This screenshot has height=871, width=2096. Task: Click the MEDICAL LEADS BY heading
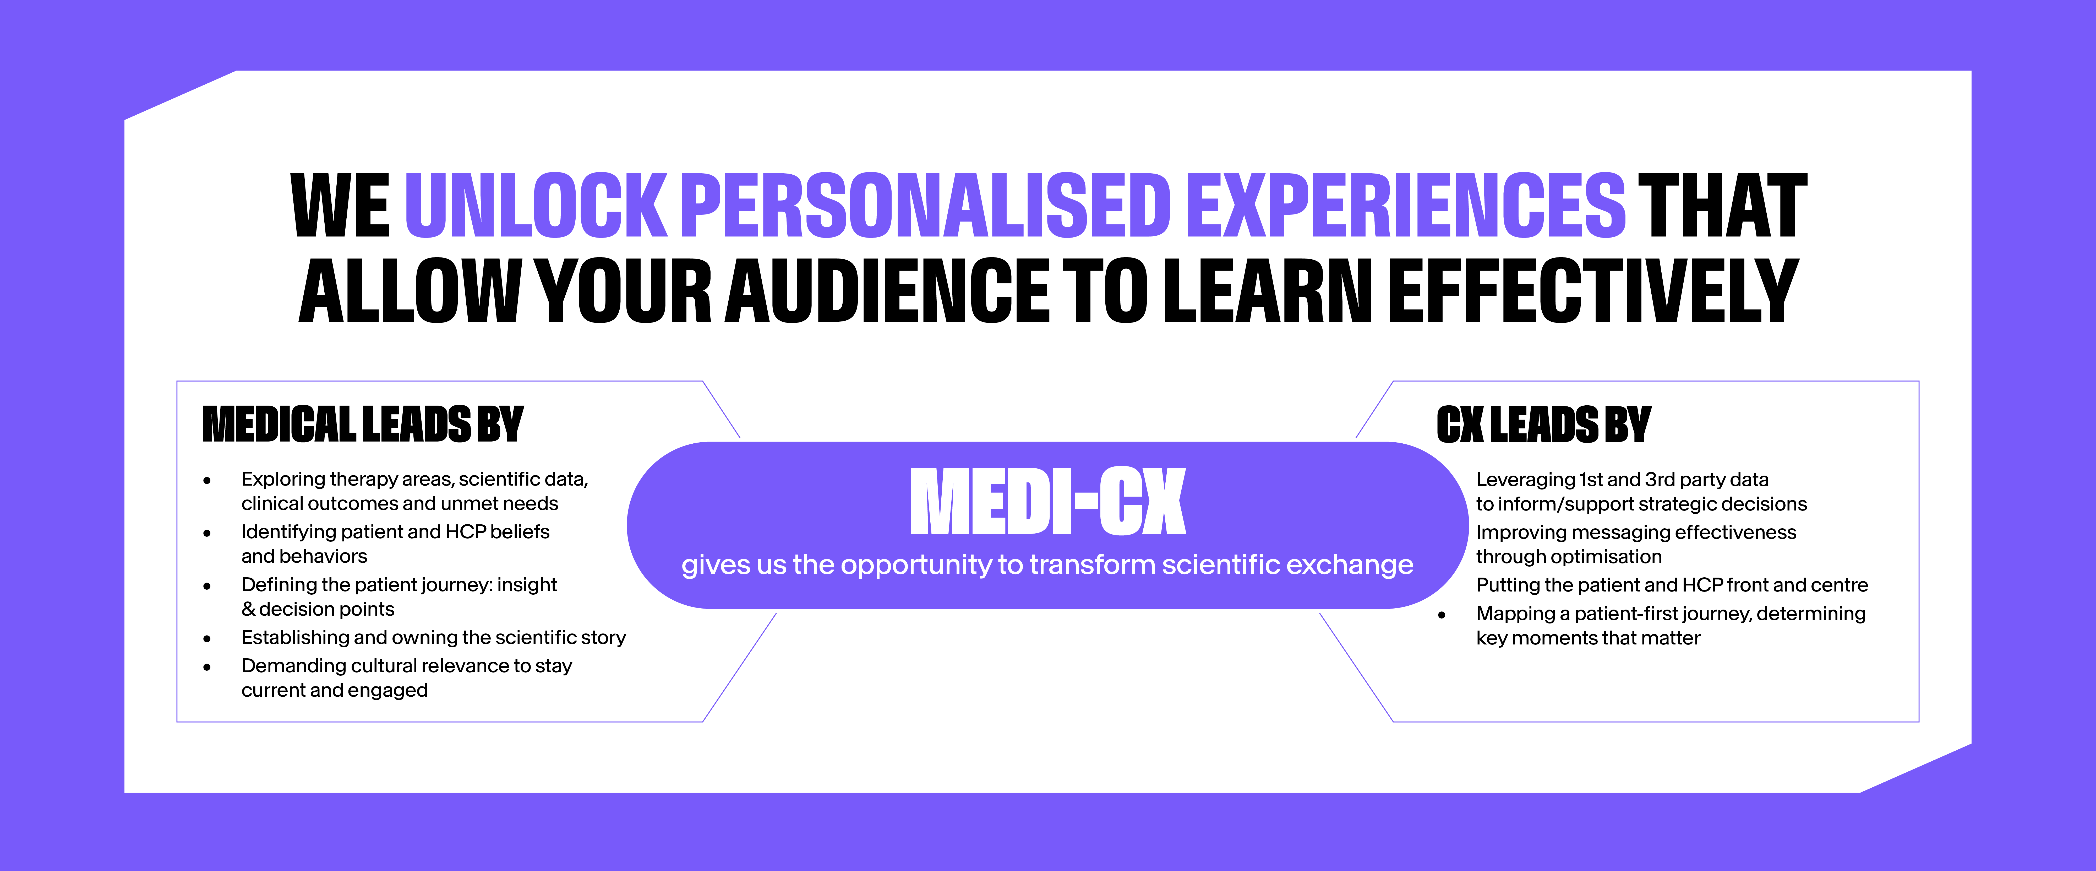pyautogui.click(x=363, y=425)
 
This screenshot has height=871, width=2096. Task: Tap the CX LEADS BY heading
pyautogui.click(x=1543, y=425)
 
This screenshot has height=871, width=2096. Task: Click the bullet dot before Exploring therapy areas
pyautogui.click(x=208, y=480)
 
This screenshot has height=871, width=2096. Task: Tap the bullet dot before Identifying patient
pyautogui.click(x=208, y=533)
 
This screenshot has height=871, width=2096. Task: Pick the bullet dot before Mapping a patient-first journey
pyautogui.click(x=1442, y=615)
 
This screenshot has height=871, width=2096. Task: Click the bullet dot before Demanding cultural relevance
pyautogui.click(x=208, y=667)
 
